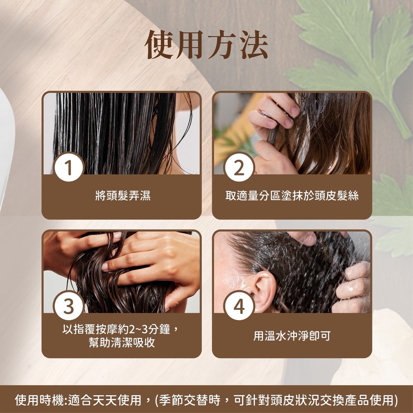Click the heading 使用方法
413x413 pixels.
coord(206,45)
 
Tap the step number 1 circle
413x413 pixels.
coord(69,167)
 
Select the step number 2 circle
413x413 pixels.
coord(239,167)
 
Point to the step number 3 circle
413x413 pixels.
coord(69,306)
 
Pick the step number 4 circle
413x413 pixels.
coord(239,306)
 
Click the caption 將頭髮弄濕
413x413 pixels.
coord(123,196)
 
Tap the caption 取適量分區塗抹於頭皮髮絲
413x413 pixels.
coord(292,196)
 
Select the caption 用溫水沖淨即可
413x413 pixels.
coord(292,336)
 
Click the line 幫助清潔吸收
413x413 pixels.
coord(122,342)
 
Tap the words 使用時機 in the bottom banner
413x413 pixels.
coord(39,400)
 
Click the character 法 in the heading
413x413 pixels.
coord(254,45)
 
